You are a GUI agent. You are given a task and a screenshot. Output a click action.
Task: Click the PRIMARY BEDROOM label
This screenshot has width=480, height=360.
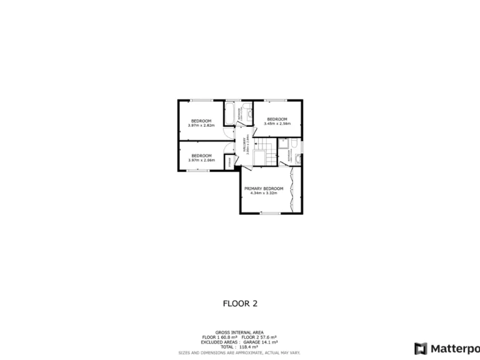point(264,189)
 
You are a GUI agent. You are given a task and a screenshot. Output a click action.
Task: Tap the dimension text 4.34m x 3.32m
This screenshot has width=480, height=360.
point(264,194)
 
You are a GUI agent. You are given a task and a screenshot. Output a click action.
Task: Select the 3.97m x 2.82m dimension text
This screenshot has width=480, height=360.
point(201,126)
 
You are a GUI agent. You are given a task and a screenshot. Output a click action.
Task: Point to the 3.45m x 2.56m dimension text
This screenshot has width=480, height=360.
point(277,124)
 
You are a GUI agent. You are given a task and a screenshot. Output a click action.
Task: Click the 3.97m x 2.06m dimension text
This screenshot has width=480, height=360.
point(201,161)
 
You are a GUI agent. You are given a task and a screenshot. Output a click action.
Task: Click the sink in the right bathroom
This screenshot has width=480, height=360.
point(297,159)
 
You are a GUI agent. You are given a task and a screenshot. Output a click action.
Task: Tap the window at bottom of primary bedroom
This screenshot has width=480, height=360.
point(270,214)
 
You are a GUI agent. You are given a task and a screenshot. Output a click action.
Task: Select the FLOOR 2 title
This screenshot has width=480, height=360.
point(240,304)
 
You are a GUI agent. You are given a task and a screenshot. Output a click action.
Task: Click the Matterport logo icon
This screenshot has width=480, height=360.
point(421,348)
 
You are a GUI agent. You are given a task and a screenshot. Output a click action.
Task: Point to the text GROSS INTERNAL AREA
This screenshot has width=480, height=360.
point(239,332)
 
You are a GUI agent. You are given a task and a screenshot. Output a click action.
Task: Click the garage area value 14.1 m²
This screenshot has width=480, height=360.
point(269,342)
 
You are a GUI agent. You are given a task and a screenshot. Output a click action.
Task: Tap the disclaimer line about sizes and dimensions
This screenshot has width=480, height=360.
point(239,352)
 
